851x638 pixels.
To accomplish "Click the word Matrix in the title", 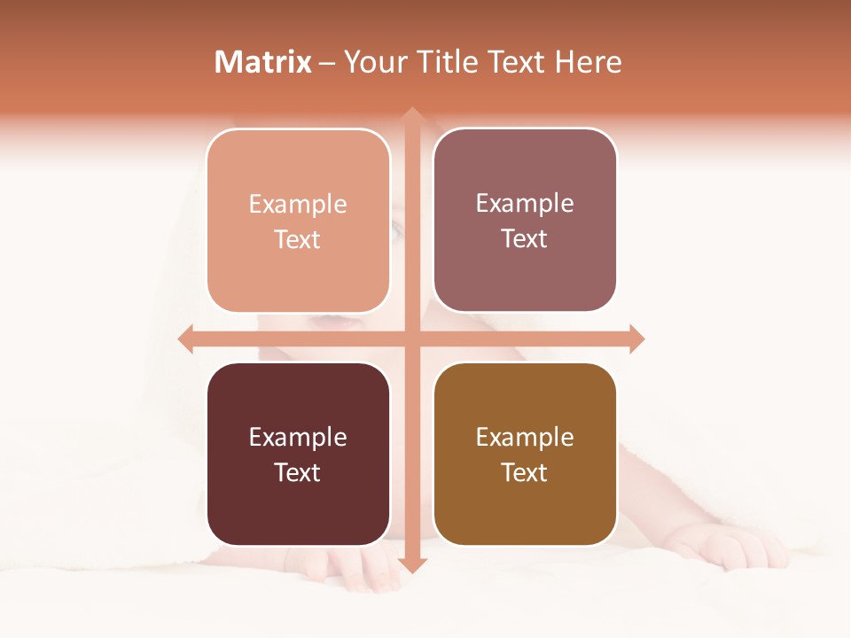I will click(x=263, y=62).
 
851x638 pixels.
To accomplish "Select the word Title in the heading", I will click(x=447, y=62).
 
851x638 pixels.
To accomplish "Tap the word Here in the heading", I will click(x=588, y=62).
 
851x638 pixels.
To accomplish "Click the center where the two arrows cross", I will click(x=411, y=338).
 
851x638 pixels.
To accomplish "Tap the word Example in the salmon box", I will click(x=298, y=204).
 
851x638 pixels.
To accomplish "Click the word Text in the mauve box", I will click(x=525, y=238).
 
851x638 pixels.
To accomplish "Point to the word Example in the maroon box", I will click(x=298, y=437).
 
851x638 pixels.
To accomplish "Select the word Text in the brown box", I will click(x=525, y=472).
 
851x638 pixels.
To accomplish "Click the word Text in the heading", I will click(x=516, y=62).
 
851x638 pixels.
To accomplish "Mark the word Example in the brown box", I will click(x=525, y=437).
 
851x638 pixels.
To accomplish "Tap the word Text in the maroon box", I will click(x=298, y=472).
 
